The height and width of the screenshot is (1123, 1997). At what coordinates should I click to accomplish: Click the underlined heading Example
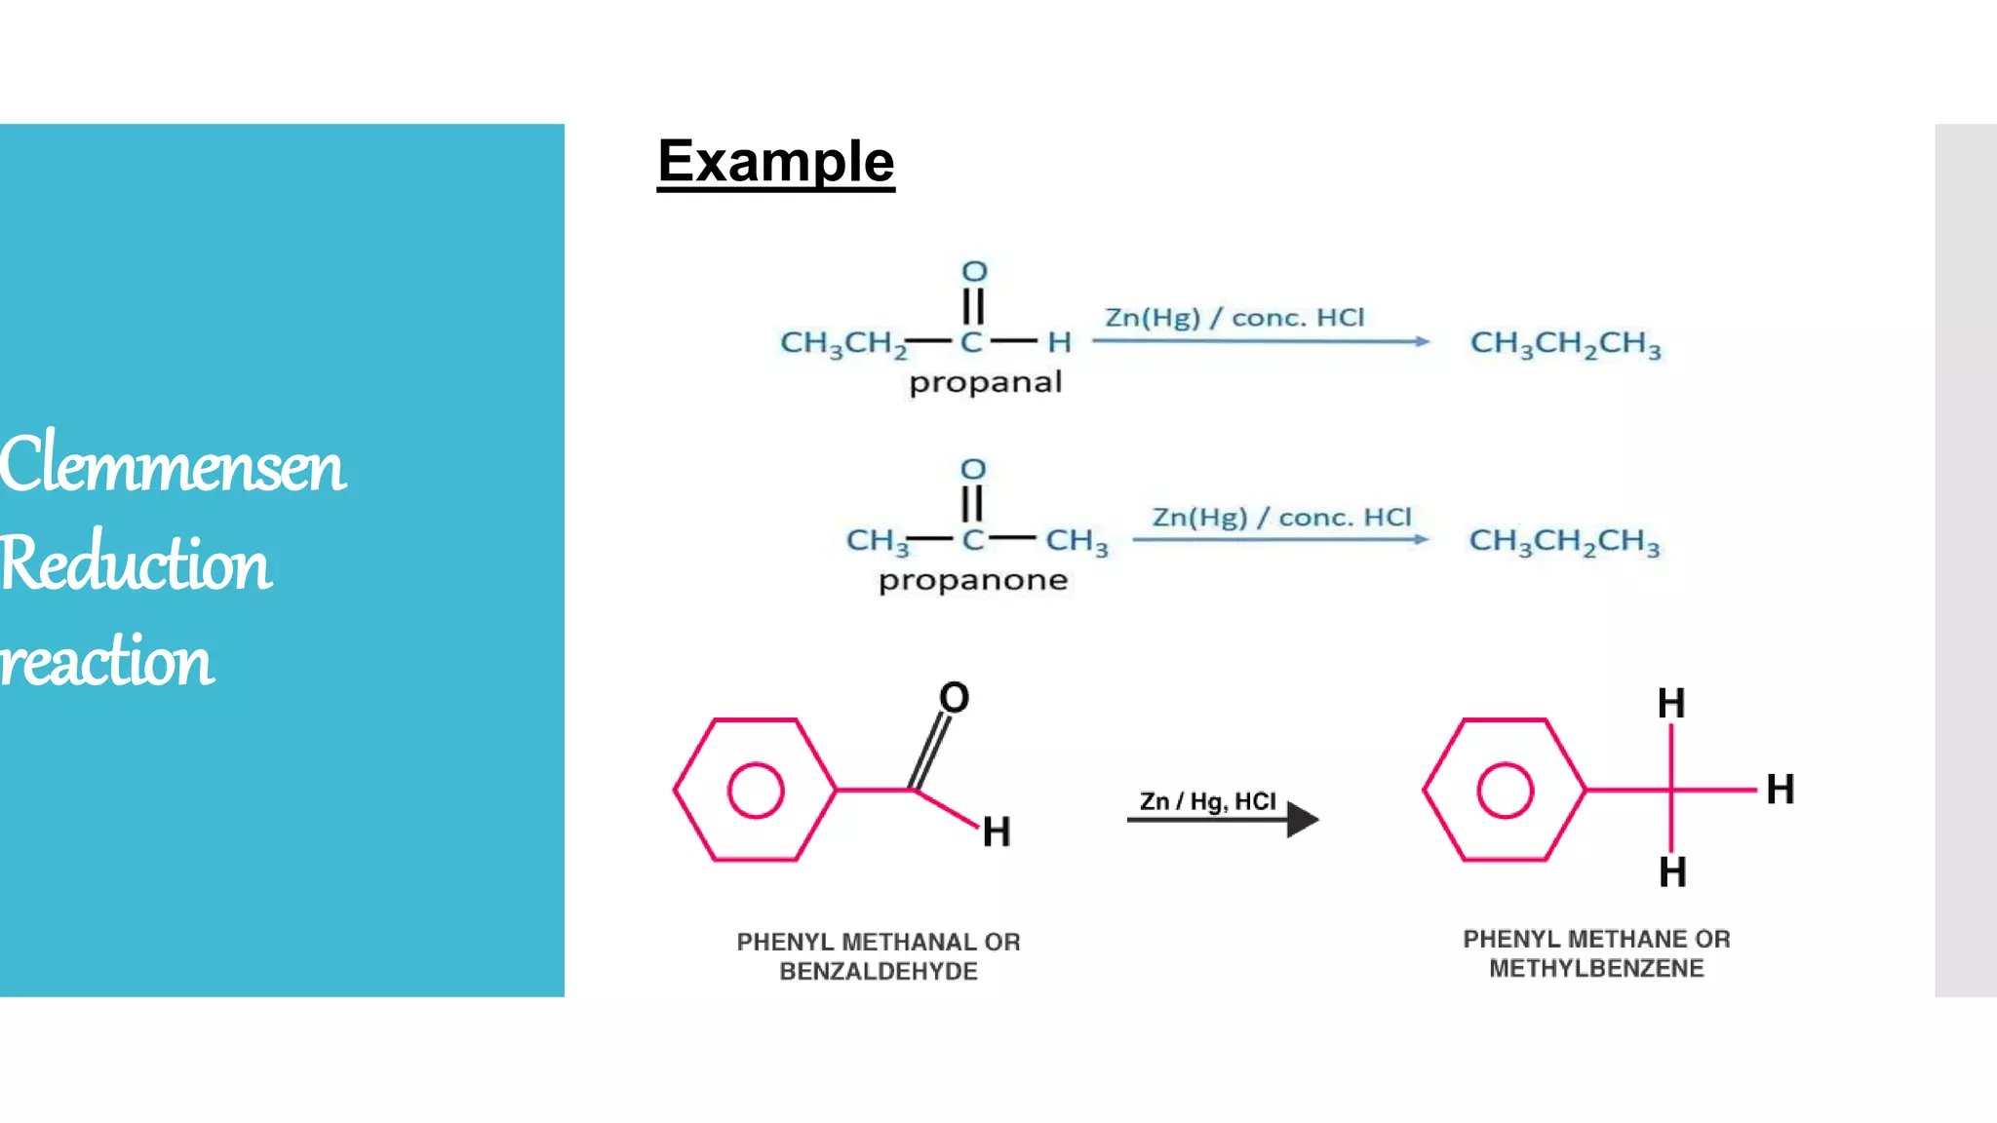coord(775,162)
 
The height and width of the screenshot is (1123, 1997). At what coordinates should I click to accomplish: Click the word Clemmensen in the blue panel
coord(173,465)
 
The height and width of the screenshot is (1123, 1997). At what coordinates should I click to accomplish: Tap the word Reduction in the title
coord(136,563)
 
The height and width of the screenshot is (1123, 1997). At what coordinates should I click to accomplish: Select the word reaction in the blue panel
coord(106,661)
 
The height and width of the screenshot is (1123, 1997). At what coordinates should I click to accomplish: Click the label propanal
coord(985,382)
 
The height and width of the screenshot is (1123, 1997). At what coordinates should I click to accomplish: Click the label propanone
coord(973,581)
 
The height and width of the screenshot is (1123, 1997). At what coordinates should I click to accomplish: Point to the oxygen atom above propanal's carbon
coord(974,271)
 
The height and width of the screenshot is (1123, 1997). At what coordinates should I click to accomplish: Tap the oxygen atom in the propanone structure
coord(973,469)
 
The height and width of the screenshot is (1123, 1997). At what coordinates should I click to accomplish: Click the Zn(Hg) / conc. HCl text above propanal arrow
coord(1234,318)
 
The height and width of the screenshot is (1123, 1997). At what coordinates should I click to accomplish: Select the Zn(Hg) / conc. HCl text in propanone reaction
coord(1281,517)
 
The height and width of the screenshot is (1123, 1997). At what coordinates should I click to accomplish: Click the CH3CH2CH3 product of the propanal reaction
coord(1565,343)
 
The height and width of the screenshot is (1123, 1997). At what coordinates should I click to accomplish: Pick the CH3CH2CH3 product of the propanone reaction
coord(1564,541)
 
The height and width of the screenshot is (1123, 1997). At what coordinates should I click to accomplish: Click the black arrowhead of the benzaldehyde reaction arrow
coord(1302,819)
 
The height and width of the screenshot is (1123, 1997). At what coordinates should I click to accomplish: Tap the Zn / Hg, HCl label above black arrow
coord(1207,801)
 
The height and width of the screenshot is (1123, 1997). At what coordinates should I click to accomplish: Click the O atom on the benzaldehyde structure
coord(954,697)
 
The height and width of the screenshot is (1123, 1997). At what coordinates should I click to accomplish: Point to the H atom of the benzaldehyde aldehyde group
coord(996,832)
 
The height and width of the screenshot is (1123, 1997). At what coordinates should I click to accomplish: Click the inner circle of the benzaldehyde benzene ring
coord(756,790)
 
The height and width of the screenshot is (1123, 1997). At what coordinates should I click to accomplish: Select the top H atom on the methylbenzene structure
coord(1671,703)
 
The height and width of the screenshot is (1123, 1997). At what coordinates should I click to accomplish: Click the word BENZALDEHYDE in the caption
coord(878,971)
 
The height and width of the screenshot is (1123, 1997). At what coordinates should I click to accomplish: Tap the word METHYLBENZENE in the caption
coord(1596,968)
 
